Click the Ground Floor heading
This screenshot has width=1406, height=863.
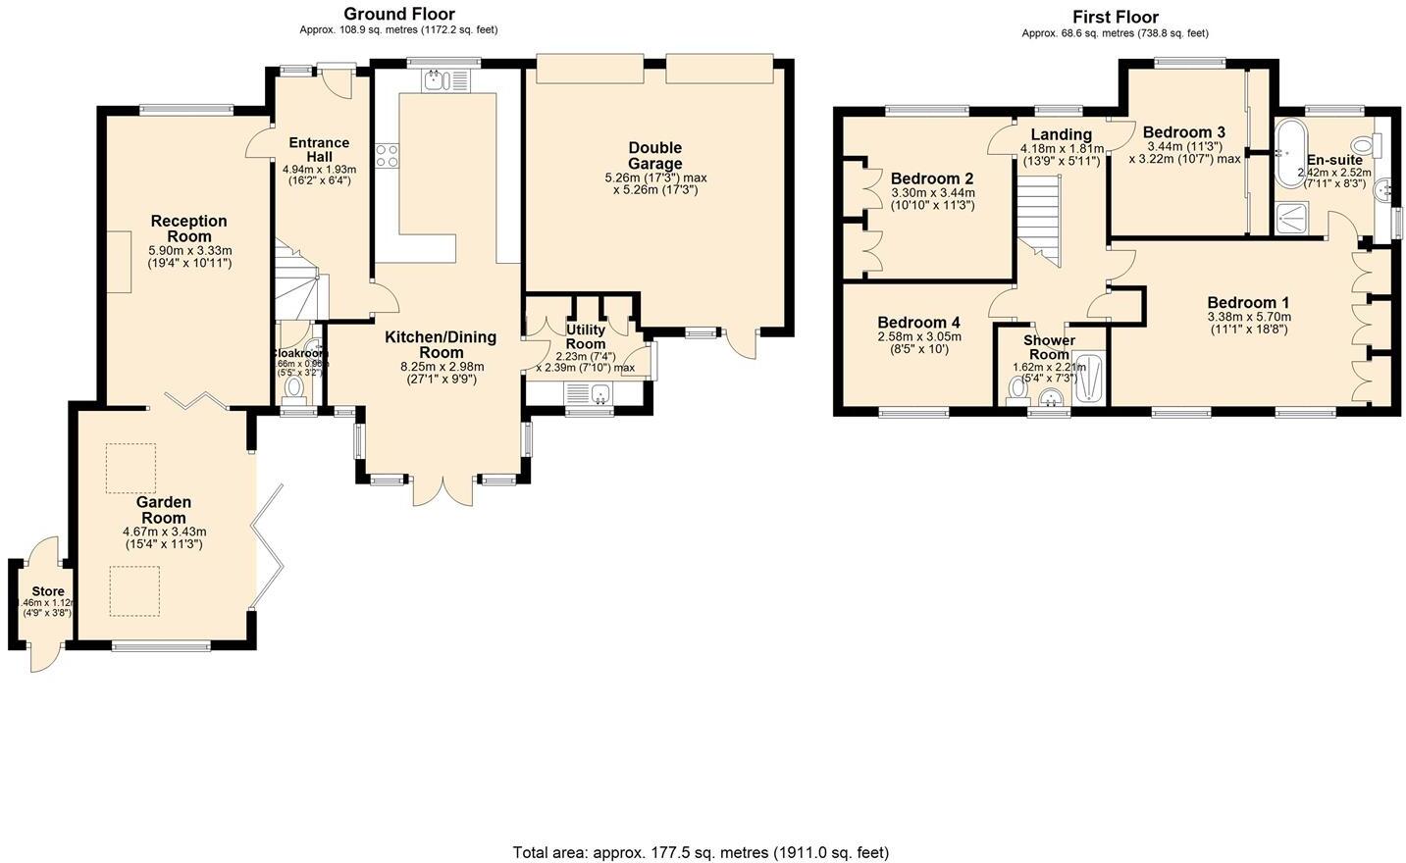[x=398, y=14]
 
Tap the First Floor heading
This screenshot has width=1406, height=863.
[x=1115, y=17]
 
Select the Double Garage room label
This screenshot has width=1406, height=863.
[x=655, y=156]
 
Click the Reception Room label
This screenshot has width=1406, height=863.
[x=189, y=228]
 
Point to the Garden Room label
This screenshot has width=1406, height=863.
[x=164, y=510]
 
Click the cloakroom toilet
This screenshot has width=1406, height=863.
[x=293, y=389]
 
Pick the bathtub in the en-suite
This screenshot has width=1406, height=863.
[x=1289, y=153]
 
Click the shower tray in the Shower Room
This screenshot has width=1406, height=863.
[x=1088, y=378]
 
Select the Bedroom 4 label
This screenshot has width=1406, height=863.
[x=918, y=323]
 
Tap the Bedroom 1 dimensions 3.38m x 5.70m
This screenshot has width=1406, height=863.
[x=1248, y=317]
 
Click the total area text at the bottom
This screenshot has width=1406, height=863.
[x=701, y=852]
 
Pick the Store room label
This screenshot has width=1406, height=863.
[x=48, y=592]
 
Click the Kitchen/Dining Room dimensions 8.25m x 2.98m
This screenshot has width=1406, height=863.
[x=442, y=367]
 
